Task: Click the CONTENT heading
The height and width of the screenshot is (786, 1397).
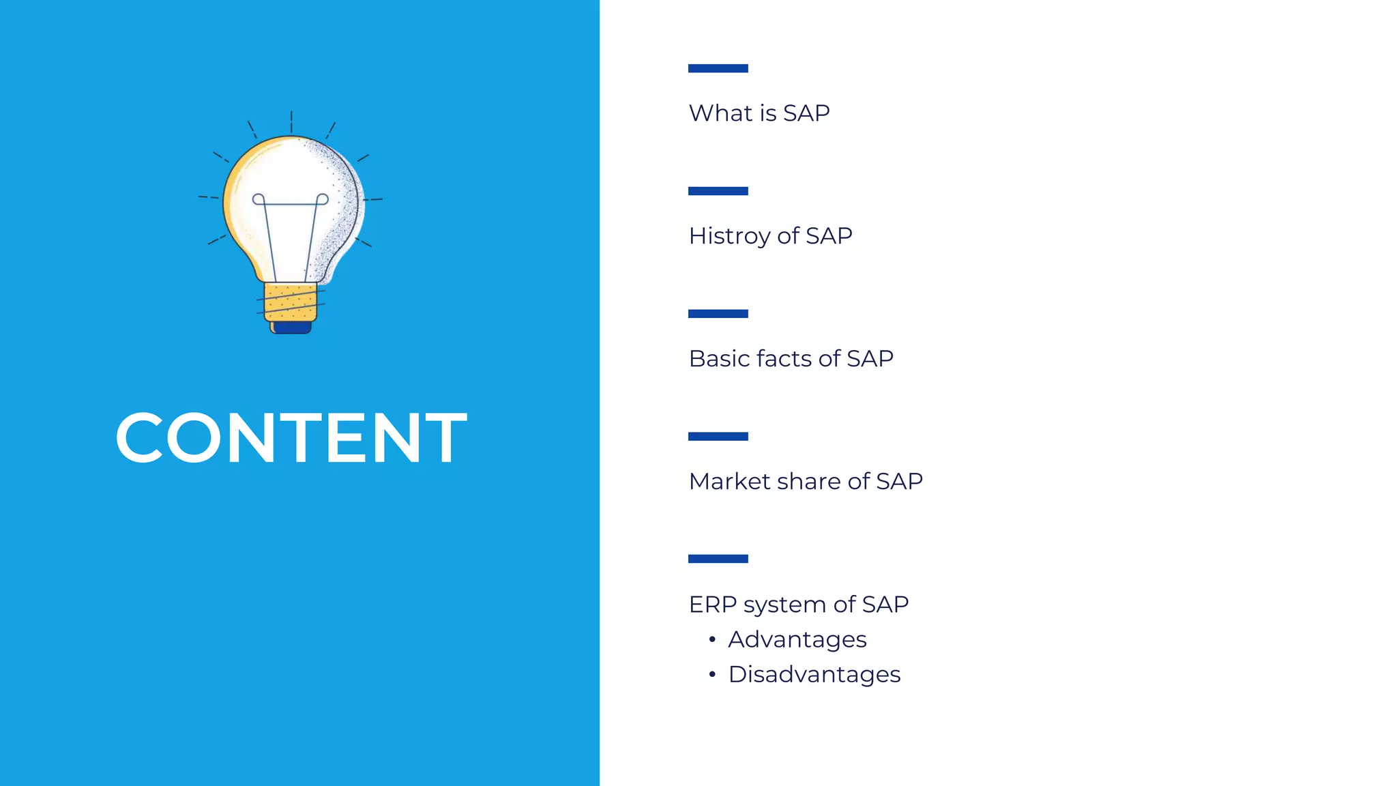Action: (x=291, y=438)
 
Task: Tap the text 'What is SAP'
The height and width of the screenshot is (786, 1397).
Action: (x=759, y=113)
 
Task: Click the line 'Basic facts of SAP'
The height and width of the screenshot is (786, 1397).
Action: (x=791, y=359)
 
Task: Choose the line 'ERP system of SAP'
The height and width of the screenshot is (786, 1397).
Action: (x=798, y=605)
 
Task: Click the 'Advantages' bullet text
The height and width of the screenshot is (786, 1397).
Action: (x=797, y=640)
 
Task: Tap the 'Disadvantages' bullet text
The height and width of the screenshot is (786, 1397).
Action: (x=814, y=675)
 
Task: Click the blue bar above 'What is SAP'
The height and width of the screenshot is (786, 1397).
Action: (x=718, y=68)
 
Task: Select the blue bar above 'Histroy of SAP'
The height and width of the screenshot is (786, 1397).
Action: (x=718, y=191)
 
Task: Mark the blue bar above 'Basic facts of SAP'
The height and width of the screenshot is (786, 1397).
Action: (x=718, y=314)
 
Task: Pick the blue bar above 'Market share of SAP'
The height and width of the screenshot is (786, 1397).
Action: (x=718, y=437)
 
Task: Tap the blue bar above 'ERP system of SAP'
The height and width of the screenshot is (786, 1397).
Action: (x=718, y=559)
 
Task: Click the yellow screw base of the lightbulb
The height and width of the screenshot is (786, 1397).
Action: (x=291, y=302)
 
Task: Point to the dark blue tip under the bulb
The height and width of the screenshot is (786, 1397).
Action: (x=292, y=328)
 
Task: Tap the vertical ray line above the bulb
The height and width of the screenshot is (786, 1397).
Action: (x=291, y=121)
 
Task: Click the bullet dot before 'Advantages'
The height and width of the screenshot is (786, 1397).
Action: (x=712, y=640)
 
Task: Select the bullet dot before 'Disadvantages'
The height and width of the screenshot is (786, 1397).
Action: (x=712, y=675)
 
